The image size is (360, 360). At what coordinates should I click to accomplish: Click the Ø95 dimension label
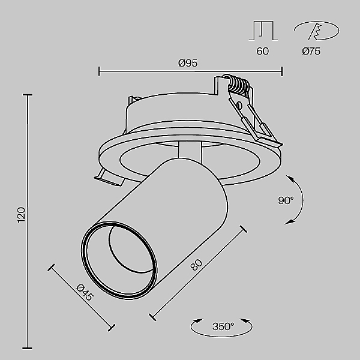[x=188, y=63]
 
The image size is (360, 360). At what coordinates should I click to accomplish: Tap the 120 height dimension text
[x=22, y=215]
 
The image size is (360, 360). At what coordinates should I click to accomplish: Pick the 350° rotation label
[x=223, y=327]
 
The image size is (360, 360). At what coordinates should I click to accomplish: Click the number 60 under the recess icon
[x=262, y=52]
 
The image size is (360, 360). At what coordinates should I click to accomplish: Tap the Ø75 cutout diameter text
[x=311, y=52]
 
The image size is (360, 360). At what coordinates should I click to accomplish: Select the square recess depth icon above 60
[x=262, y=31]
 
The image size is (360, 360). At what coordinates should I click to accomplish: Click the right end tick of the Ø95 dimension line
[x=282, y=72]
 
